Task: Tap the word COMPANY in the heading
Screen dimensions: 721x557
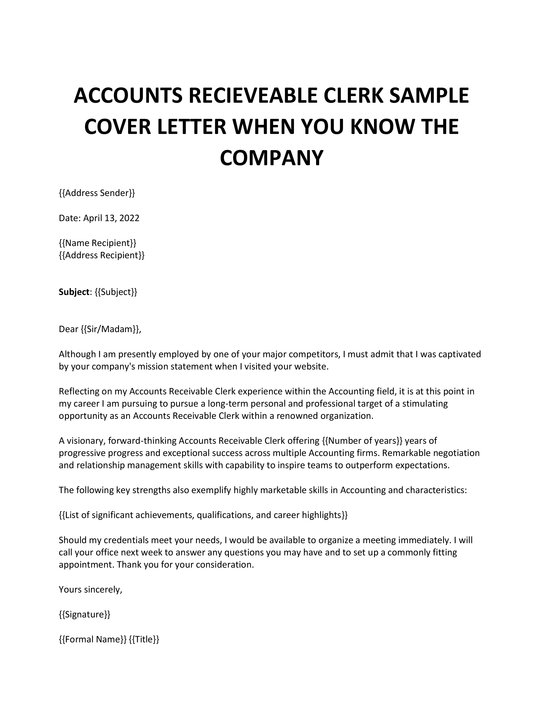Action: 271,158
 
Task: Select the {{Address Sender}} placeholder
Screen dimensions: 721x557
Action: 97,193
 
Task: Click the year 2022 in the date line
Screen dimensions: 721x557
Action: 129,218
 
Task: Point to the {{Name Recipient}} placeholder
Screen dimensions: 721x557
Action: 97,243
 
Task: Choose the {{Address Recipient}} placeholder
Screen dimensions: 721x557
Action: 102,255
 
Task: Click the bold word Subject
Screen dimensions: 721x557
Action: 74,292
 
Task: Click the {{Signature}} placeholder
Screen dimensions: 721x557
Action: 85,614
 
